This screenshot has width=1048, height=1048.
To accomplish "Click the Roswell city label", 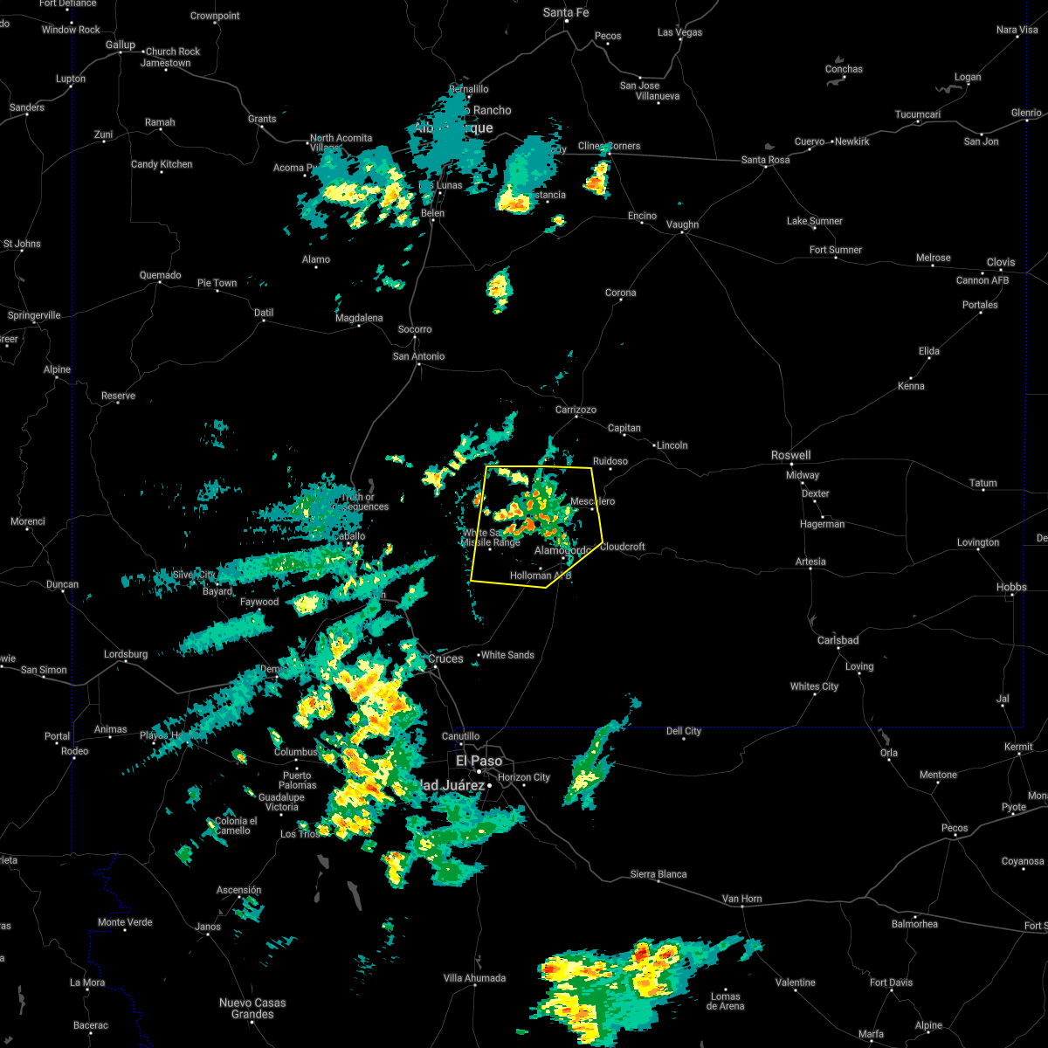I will click(x=790, y=455).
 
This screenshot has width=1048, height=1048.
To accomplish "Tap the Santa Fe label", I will click(x=566, y=12).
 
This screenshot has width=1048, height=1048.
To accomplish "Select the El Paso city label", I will click(x=479, y=761).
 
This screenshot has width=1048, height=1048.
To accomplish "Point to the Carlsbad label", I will click(x=838, y=640).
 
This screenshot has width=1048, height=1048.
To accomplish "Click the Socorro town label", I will click(x=415, y=329).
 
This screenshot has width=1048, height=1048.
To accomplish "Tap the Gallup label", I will click(x=121, y=45).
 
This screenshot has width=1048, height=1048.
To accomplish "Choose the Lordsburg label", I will click(x=126, y=654).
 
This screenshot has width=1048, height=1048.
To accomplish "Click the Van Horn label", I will click(x=742, y=898).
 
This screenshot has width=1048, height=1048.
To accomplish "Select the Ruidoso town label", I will click(x=610, y=461).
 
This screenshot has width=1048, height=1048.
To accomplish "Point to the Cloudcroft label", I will click(x=623, y=547).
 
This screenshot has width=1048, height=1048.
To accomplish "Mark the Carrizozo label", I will click(x=576, y=410).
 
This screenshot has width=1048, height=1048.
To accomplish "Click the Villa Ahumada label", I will click(x=474, y=978).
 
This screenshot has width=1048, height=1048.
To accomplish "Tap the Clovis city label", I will click(x=1001, y=262).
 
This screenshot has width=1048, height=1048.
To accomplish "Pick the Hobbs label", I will click(x=1011, y=587).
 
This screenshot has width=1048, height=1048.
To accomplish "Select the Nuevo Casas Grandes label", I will click(x=252, y=1009).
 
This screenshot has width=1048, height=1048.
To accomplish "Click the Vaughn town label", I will click(x=682, y=224).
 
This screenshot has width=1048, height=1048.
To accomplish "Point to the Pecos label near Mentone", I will click(x=955, y=828).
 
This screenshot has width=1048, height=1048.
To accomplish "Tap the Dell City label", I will click(x=684, y=731).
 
